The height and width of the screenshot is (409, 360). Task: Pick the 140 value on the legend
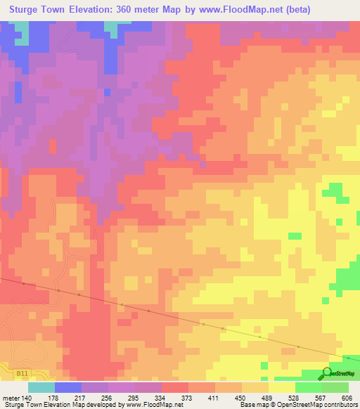(x=28, y=398)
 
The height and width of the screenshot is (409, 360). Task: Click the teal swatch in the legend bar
(x=41, y=387)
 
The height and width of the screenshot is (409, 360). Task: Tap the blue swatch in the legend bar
(x=68, y=387)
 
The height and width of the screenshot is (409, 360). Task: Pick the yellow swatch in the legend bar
(x=282, y=387)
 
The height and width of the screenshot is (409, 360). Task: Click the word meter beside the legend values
(x=11, y=398)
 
